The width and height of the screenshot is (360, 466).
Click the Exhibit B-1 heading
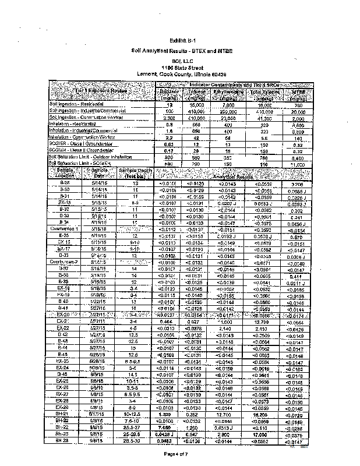click(x=181, y=41)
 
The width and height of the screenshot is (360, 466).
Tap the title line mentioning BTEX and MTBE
click(x=181, y=52)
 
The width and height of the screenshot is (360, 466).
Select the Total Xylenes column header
click(x=265, y=95)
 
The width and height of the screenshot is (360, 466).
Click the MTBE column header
click(x=298, y=95)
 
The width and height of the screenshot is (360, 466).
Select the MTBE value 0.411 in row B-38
click(x=298, y=276)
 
